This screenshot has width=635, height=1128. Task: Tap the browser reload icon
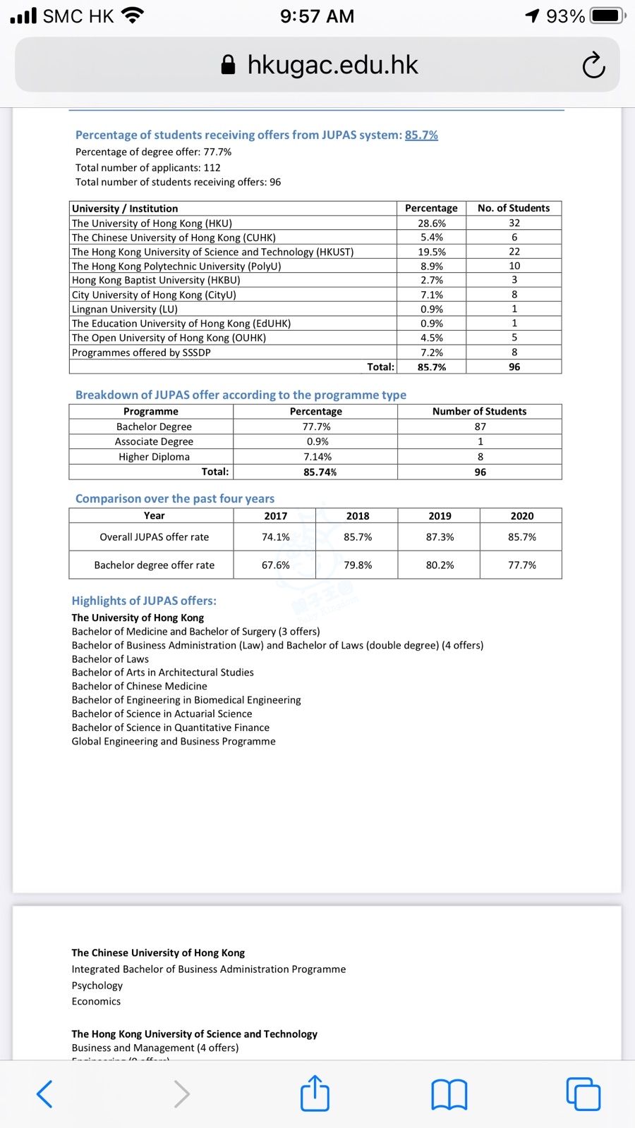click(x=593, y=66)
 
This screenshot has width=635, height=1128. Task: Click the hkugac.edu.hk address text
click(x=332, y=65)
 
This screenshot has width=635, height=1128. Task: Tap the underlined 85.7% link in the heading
click(x=421, y=135)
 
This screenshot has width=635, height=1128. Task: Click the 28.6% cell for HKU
click(x=432, y=223)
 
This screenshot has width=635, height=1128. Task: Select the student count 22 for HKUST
click(x=514, y=252)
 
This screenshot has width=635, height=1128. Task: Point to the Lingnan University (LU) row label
click(x=125, y=309)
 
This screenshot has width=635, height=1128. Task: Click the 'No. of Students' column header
click(x=514, y=208)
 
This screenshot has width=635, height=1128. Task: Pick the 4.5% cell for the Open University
click(x=432, y=338)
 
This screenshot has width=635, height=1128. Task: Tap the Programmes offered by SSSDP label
click(x=141, y=352)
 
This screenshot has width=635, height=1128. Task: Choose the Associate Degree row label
click(x=154, y=441)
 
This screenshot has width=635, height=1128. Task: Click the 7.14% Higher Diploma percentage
click(x=317, y=457)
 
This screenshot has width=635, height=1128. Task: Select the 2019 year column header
click(x=440, y=516)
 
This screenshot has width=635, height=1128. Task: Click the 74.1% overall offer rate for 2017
click(x=275, y=537)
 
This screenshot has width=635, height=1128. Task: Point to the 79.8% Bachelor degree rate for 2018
click(x=358, y=565)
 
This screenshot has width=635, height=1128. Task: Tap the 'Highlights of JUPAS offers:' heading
click(x=144, y=601)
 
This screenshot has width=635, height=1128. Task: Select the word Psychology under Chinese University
click(x=97, y=986)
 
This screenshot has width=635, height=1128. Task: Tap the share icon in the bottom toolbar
click(x=315, y=1093)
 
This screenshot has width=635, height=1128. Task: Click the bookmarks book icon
click(x=449, y=1095)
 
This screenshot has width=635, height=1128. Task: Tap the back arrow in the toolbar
click(x=44, y=1094)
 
